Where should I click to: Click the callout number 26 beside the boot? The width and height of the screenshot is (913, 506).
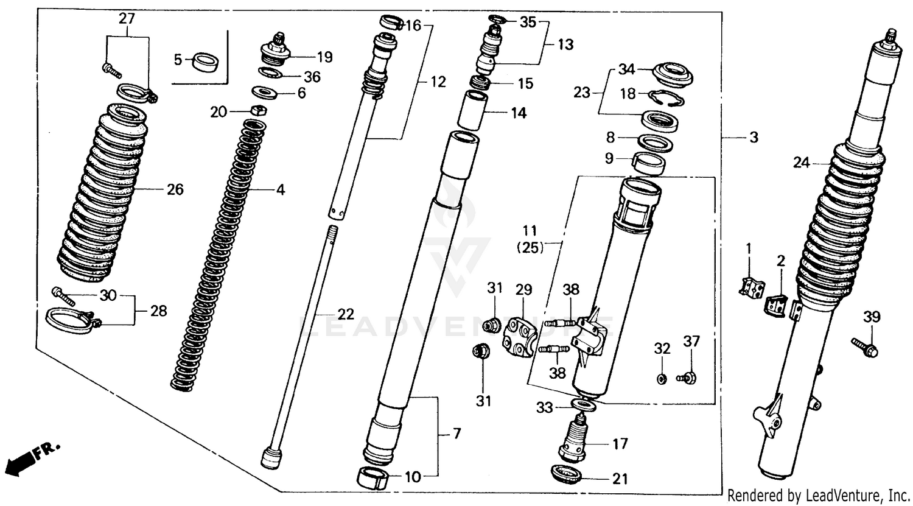175,190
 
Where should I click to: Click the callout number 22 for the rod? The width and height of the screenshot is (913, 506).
346,315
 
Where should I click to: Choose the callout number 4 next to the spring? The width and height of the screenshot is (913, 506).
280,190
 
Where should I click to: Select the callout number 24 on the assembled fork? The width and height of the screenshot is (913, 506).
802,163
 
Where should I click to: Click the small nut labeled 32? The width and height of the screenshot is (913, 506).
662,379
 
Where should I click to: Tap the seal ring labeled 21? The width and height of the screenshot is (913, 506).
565,474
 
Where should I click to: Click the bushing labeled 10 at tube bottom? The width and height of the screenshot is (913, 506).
373,477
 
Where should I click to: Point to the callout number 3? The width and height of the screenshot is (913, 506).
754,138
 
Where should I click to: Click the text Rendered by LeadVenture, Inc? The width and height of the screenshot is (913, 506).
818,494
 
